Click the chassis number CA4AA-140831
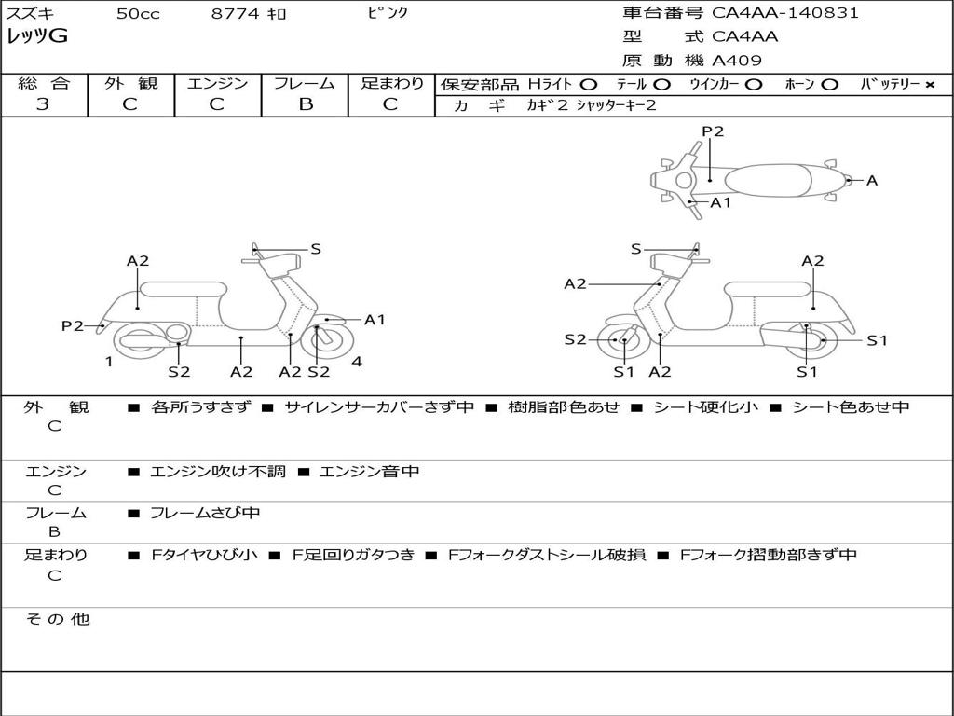(784, 12)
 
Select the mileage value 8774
(235, 13)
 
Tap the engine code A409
(736, 61)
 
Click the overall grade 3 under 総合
(43, 103)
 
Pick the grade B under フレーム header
(306, 103)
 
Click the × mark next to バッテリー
(930, 85)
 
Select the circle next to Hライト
(589, 85)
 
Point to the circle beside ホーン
(829, 85)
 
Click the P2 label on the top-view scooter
(713, 131)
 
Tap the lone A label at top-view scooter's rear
(872, 180)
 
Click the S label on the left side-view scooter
(315, 248)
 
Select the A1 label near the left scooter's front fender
(375, 320)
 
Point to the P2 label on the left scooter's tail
(73, 325)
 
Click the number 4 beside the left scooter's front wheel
(357, 362)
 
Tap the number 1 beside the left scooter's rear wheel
(109, 362)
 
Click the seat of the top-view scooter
(768, 181)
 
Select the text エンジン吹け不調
(217, 471)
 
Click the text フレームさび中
(205, 514)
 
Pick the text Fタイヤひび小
(204, 555)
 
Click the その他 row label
(58, 619)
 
